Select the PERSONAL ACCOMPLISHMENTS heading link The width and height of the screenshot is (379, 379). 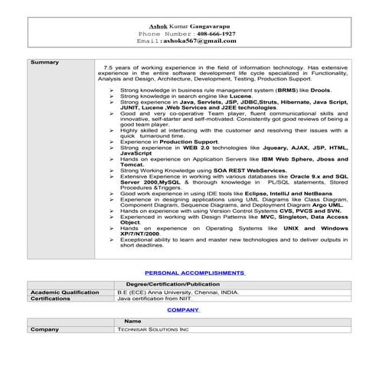(x=194, y=273)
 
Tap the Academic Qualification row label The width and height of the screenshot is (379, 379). (x=64, y=292)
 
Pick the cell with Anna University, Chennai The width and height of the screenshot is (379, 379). (x=178, y=292)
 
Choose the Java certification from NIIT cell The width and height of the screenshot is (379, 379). (x=152, y=299)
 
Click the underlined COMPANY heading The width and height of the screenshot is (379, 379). (x=184, y=310)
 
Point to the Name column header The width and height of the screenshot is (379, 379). (x=132, y=321)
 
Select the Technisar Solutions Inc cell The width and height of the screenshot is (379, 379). (x=152, y=329)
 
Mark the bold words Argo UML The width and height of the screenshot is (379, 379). (x=328, y=205)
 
